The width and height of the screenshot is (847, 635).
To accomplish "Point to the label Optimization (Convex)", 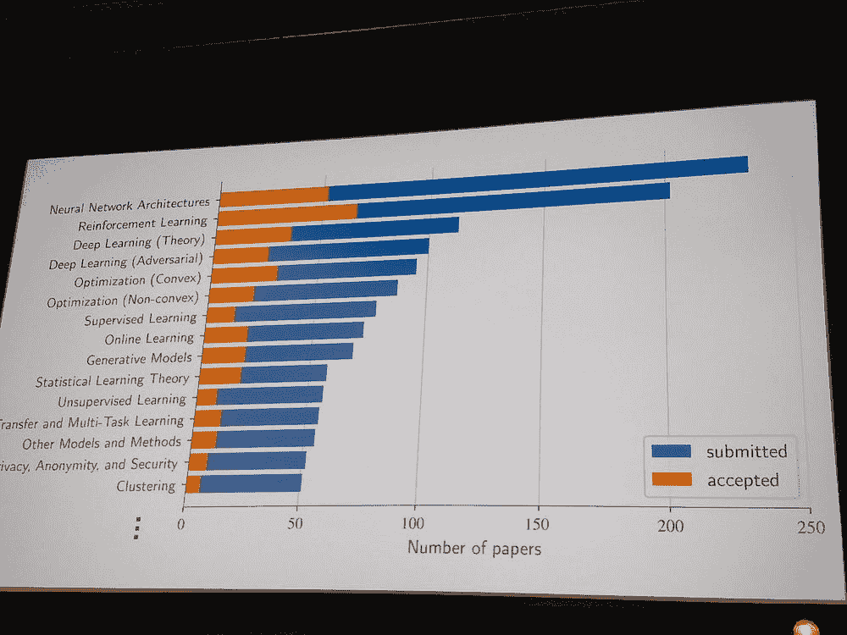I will [x=136, y=281].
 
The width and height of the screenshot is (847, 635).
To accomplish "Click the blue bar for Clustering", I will [x=250, y=483].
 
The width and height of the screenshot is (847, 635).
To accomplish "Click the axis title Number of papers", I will [x=474, y=547].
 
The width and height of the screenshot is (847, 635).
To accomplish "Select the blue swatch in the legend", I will [x=671, y=451].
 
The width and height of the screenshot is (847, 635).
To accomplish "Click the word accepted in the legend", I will [x=743, y=480].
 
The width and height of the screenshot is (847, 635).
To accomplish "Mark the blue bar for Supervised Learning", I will [x=305, y=310].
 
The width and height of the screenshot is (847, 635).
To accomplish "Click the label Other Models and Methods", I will [x=102, y=443].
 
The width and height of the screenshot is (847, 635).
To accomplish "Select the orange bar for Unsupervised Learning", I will [x=206, y=396].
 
